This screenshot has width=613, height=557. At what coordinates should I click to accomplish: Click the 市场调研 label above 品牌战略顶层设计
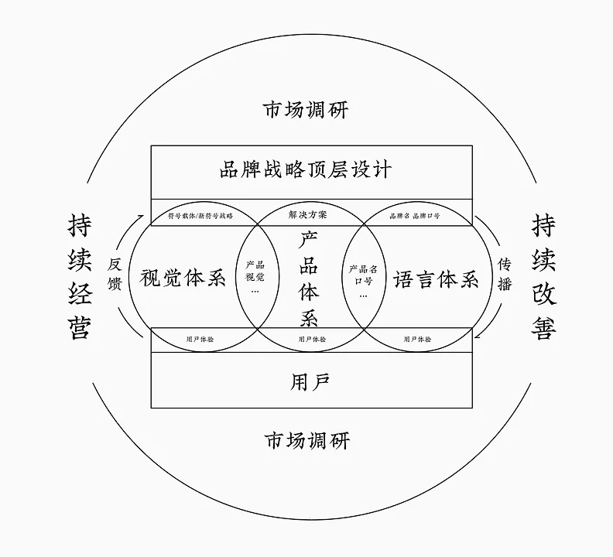[x=306, y=109]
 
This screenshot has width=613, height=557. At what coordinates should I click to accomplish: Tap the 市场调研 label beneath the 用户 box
[x=306, y=441]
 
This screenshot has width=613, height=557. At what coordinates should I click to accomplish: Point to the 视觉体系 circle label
[x=183, y=278]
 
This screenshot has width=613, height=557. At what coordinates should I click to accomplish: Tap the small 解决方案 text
[x=308, y=214]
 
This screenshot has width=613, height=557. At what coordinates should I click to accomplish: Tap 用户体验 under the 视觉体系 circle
[x=201, y=339]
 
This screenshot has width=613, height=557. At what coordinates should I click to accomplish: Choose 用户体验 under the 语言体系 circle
[x=418, y=339]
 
